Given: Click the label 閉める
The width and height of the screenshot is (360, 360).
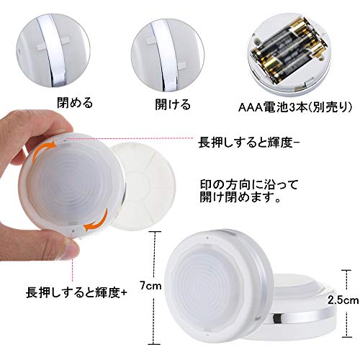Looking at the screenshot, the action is click(x=75, y=103).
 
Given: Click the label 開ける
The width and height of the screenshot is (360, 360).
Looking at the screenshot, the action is click(x=173, y=104).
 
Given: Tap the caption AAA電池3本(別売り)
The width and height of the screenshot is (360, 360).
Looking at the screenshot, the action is click(x=295, y=107).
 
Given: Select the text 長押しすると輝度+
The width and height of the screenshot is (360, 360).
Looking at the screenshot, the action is click(x=76, y=292).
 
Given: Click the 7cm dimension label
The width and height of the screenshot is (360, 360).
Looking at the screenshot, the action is click(x=150, y=286).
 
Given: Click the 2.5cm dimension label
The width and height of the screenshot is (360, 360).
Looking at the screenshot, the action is click(x=343, y=300).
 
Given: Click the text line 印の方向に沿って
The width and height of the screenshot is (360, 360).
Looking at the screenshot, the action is click(x=249, y=185).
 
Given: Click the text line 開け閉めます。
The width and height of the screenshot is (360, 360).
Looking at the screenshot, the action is click(x=240, y=198).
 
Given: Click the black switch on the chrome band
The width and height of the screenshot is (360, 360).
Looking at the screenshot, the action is click(x=276, y=319).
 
